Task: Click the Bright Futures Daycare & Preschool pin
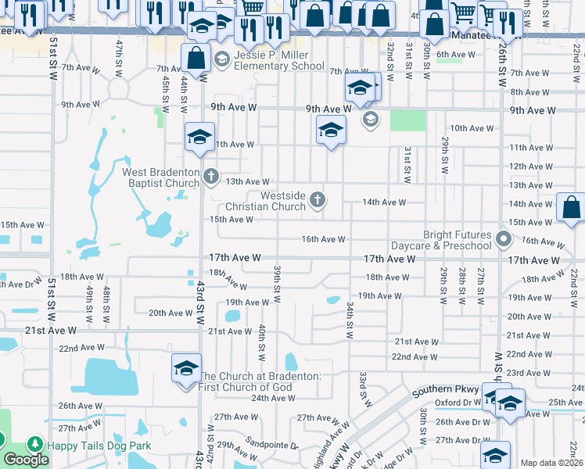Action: click(505, 239)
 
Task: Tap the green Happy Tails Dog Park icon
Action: click(34, 445)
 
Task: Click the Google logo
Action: click(26, 460)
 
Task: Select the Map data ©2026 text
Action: click(552, 463)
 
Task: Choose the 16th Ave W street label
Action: click(323, 239)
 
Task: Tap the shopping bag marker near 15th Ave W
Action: click(571, 207)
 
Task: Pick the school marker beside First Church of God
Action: click(186, 367)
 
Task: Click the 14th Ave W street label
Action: click(384, 202)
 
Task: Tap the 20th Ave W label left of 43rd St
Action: click(170, 313)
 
